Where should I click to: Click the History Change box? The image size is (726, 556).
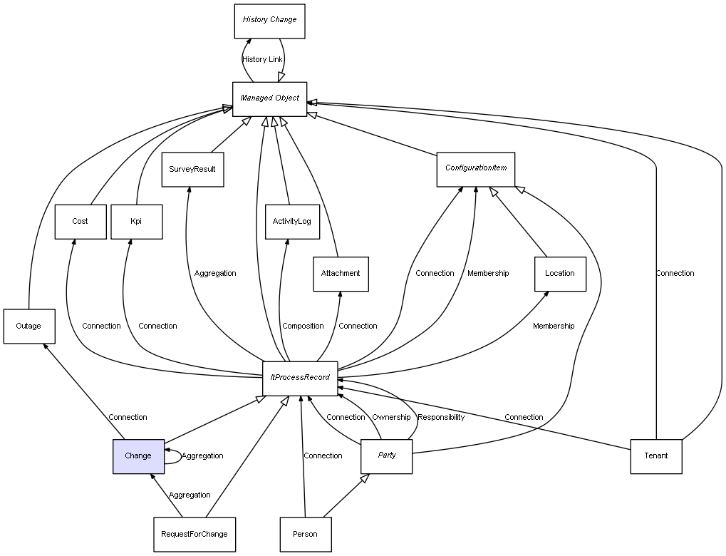pos(269,21)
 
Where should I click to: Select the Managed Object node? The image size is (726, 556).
pos(269,98)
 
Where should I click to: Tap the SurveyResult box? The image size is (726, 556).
pos(192,170)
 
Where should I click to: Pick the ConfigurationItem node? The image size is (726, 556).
pos(476,169)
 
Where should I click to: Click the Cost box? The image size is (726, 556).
pos(80,222)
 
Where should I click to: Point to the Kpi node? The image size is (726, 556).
pos(136,222)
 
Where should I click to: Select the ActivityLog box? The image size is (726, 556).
pos(291,222)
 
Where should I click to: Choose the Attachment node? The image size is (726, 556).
pos(341,274)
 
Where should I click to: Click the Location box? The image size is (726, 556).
pos(560,274)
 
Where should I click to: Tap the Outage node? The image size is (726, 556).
pos(28,326)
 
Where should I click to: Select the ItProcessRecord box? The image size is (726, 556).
pos(300,378)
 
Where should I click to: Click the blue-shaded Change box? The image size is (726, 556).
pos(138,456)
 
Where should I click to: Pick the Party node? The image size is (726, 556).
pos(387,456)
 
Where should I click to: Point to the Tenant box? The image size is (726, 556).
pos(656,456)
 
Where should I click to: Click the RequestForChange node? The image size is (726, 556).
pos(195,535)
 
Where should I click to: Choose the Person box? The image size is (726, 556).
pos(305,535)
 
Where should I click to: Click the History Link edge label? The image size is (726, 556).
pos(262,60)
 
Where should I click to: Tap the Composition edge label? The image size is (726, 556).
pos(303,326)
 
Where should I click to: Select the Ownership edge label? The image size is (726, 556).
pos(391,418)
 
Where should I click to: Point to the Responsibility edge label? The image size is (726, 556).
pos(441,418)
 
